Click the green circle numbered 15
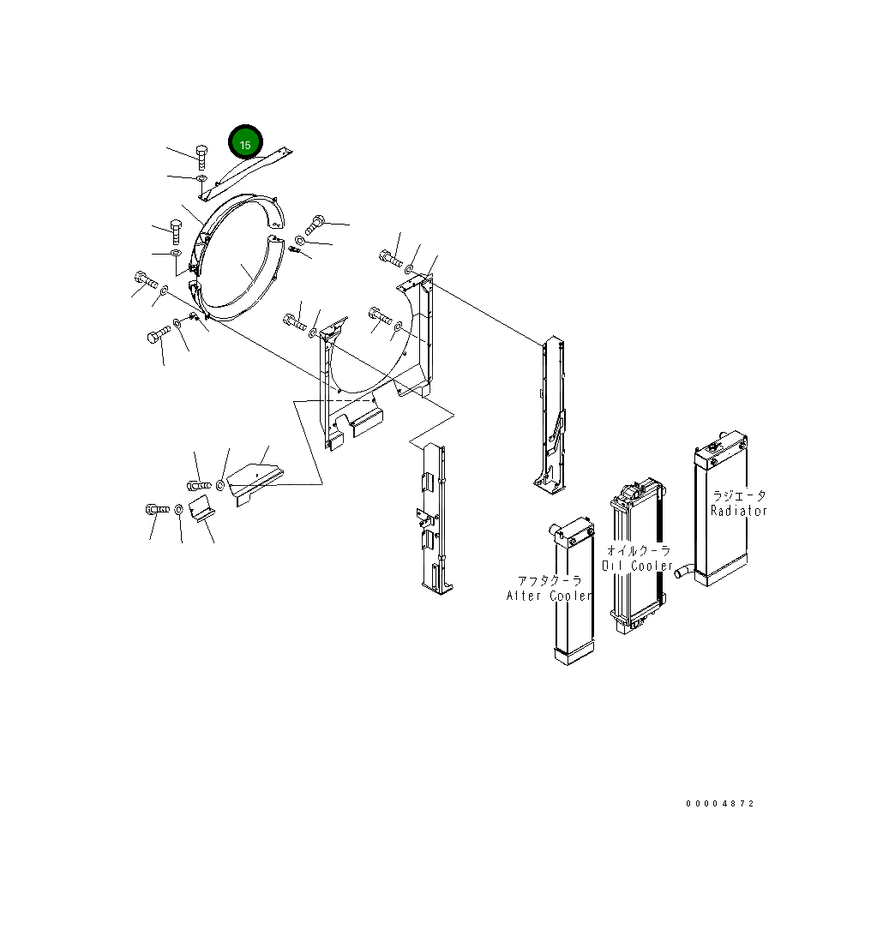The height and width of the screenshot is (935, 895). (245, 144)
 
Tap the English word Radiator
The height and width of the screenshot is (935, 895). (738, 511)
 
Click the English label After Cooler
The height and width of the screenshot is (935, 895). (549, 596)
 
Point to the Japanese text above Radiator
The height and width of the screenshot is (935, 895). (739, 495)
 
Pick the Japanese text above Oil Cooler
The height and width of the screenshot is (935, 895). (638, 551)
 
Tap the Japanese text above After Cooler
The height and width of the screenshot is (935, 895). (549, 580)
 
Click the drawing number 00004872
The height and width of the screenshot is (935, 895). (720, 804)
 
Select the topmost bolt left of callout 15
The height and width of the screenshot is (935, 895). (201, 156)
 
